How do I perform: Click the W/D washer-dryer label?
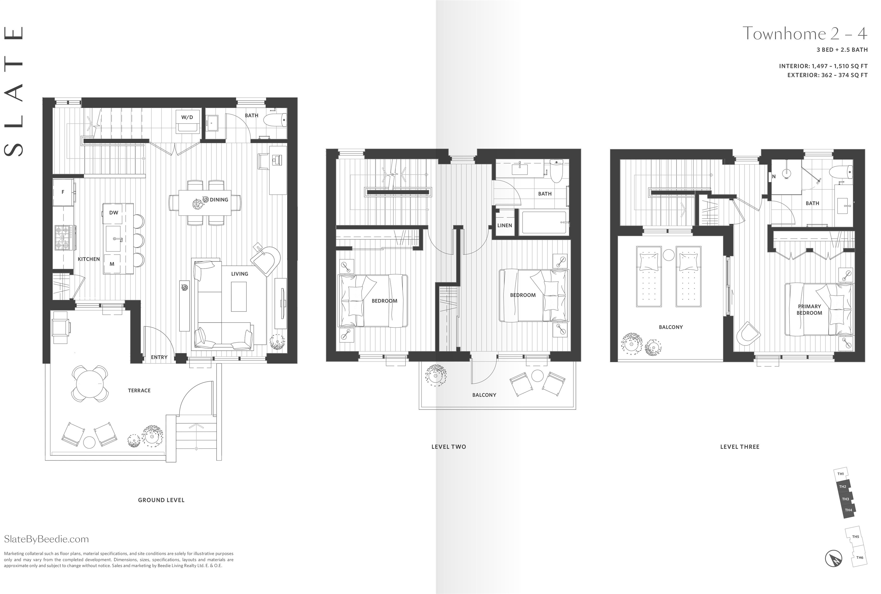pyautogui.click(x=187, y=117)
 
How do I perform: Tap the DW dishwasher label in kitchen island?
pyautogui.click(x=114, y=213)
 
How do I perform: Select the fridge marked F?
pyautogui.click(x=63, y=192)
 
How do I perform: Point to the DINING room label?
pyautogui.click(x=219, y=200)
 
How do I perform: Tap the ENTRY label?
pyautogui.click(x=159, y=357)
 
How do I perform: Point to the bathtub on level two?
pyautogui.click(x=544, y=223)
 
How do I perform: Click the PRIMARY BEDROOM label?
pyautogui.click(x=809, y=310)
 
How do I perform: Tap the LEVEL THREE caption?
pyautogui.click(x=739, y=447)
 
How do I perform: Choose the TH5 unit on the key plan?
pyautogui.click(x=855, y=537)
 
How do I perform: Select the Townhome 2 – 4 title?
pyautogui.click(x=804, y=34)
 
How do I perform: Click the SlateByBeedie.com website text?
pyautogui.click(x=46, y=539)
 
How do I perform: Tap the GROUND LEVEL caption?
pyautogui.click(x=161, y=500)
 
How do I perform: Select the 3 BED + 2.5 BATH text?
pyautogui.click(x=842, y=50)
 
